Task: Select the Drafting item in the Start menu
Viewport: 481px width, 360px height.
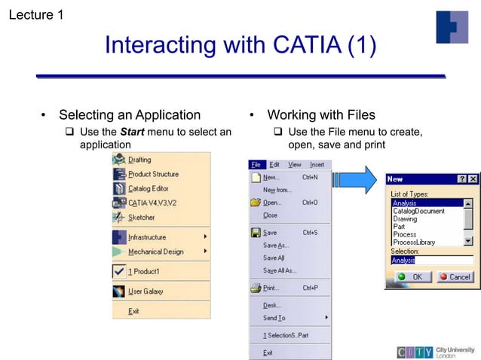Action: point(139,160)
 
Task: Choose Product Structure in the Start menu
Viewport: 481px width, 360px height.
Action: point(153,174)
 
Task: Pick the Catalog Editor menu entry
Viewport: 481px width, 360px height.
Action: point(148,188)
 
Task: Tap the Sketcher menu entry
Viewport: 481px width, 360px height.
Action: point(141,217)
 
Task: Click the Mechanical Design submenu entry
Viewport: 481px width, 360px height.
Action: point(155,252)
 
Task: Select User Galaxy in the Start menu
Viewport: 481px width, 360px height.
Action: point(145,291)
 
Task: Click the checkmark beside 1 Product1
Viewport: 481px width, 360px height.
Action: point(119,271)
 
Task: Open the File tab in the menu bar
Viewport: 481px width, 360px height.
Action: point(256,164)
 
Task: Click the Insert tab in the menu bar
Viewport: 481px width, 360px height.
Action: point(317,164)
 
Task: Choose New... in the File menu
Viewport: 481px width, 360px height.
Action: point(270,178)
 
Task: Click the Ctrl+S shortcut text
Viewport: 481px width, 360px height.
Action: point(310,233)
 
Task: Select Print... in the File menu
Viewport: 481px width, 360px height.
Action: point(270,288)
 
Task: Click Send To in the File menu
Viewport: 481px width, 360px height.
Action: point(274,318)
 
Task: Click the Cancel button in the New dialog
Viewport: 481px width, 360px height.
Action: point(455,277)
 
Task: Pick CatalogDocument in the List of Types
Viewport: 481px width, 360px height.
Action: point(418,212)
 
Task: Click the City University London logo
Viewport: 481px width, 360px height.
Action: point(436,352)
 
